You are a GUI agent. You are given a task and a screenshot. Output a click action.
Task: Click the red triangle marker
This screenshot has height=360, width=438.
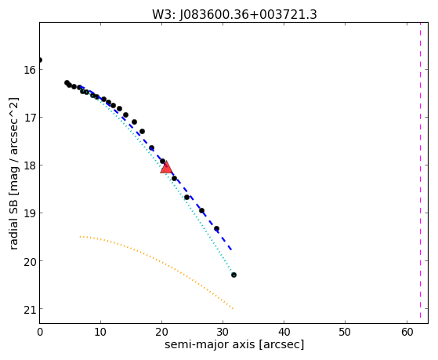166,167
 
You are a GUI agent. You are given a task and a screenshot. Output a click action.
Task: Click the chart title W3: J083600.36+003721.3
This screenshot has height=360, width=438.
234,15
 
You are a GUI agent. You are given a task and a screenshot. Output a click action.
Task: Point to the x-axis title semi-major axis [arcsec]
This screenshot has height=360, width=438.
234,344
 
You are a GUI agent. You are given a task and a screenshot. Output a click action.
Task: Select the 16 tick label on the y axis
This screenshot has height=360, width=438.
30,70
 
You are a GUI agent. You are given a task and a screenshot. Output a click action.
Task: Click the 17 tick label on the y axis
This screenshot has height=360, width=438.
30,118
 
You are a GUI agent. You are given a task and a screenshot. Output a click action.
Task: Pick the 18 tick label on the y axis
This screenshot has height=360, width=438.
30,165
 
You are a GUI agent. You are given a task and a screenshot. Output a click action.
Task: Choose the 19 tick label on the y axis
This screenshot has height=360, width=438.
30,213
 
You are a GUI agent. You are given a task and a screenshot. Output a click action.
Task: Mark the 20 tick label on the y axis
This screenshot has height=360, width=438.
30,261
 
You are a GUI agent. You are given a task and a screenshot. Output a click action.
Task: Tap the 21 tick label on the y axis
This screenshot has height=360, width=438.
30,309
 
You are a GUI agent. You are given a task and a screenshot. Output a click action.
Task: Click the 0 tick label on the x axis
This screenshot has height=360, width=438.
40,332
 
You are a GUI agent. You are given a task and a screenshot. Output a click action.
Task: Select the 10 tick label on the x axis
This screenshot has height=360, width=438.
100,332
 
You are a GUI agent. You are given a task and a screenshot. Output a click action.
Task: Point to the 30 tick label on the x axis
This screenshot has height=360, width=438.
223,332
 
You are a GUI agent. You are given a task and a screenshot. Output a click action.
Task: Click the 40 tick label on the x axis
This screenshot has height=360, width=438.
284,332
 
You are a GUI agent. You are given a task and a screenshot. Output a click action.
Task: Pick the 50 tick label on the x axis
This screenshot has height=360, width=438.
345,332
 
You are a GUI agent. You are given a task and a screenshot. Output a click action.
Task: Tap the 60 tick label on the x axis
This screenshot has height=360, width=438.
407,332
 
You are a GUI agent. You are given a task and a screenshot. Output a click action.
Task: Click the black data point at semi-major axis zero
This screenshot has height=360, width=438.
40,60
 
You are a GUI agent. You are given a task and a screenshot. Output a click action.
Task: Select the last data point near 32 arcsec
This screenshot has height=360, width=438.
233,275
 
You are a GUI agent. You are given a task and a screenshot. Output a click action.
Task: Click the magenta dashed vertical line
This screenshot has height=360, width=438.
420,173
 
